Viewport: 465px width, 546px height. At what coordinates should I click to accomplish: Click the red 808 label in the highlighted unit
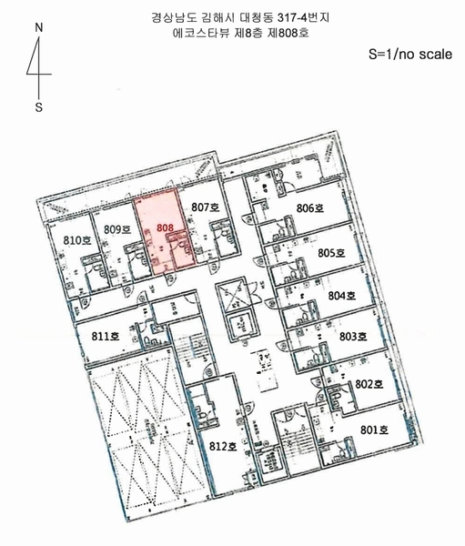tap(165, 227)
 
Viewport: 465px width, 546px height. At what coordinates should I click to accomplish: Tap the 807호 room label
tap(205, 207)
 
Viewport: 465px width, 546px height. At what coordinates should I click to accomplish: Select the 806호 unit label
tap(310, 207)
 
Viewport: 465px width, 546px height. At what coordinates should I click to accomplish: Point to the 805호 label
tap(331, 252)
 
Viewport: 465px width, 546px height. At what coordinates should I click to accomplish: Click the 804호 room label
tap(341, 296)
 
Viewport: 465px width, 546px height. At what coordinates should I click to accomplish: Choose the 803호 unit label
tap(353, 337)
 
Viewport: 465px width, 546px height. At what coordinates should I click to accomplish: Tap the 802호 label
tap(369, 384)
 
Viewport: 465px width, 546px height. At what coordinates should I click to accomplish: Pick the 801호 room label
tap(374, 430)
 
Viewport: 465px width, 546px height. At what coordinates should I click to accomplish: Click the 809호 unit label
tap(117, 229)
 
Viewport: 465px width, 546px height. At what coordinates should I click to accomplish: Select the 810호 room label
tap(77, 240)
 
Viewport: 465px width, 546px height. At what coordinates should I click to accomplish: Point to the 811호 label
tap(106, 337)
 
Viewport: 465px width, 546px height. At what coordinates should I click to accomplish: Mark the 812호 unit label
tap(223, 446)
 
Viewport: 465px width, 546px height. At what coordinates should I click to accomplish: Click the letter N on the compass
tap(39, 27)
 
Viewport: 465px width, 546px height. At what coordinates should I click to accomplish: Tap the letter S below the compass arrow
tap(38, 107)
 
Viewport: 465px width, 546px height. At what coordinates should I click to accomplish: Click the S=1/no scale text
tap(410, 55)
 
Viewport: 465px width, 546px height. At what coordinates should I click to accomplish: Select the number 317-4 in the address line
tap(293, 17)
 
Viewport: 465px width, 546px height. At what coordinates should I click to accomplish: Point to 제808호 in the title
tap(288, 33)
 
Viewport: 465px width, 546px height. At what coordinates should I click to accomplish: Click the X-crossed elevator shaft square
tap(233, 297)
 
